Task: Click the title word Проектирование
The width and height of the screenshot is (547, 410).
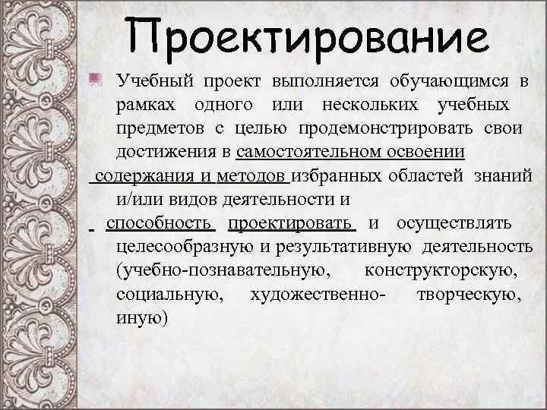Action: click(x=305, y=34)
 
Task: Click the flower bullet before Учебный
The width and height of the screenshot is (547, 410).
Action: click(x=96, y=79)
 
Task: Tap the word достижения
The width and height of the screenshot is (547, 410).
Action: click(x=166, y=153)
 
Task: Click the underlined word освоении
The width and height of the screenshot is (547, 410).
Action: click(x=428, y=153)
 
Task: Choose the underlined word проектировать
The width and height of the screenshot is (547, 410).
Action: click(x=292, y=225)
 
